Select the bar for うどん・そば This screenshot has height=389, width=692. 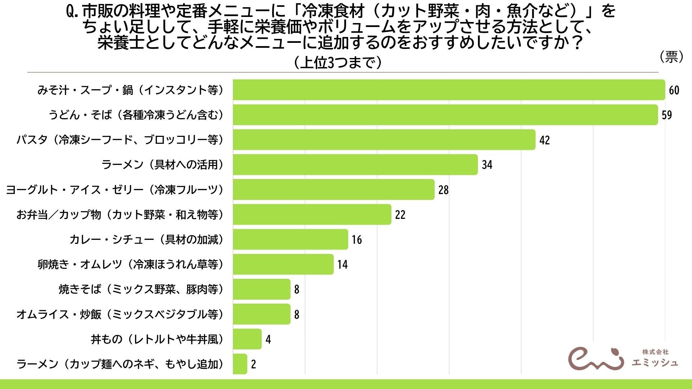tap(445, 115)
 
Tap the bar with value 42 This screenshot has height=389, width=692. tap(384, 140)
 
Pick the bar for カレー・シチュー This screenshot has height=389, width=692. tap(290, 240)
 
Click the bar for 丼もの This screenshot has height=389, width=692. tap(247, 339)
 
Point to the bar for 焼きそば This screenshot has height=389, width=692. tap(261, 289)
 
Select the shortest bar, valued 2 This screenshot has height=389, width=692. tap(240, 364)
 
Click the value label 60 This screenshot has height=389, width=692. tap(674, 90)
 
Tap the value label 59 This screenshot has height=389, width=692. tap(667, 115)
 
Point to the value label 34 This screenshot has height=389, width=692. tap(487, 165)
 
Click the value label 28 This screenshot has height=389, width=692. tap(443, 190)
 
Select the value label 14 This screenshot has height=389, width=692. tap(342, 265)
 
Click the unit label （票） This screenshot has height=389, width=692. tap(671, 57)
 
